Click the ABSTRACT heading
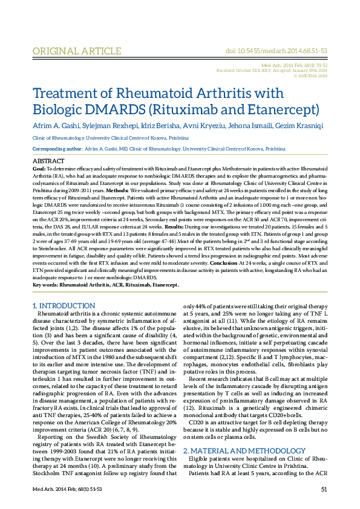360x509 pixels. pos(48,161)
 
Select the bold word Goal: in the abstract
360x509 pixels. pos(39,168)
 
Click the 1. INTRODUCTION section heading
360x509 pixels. pos(62,306)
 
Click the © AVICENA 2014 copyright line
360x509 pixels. pos(311,76)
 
